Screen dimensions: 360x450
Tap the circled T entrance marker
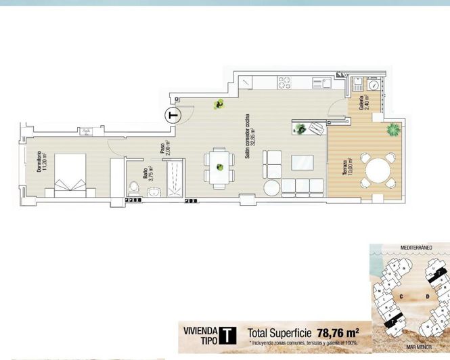click(x=173, y=115)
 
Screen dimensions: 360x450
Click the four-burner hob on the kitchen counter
click(x=285, y=83)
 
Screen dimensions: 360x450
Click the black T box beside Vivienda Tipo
click(x=229, y=334)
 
